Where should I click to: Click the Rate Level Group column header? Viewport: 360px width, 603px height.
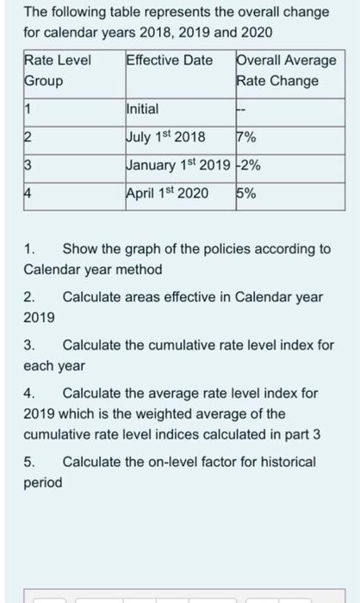59,71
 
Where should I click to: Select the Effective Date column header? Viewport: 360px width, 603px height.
170,61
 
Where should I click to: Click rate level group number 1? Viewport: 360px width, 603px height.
27,109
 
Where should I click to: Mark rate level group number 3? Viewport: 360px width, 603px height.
28,165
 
